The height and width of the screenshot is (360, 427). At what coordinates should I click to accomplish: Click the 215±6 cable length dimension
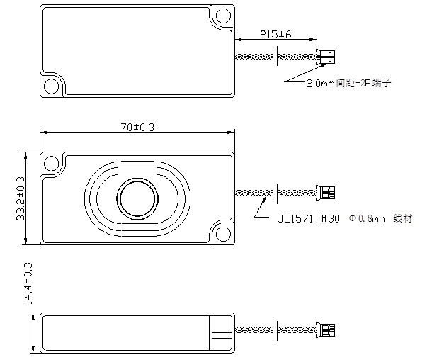275,35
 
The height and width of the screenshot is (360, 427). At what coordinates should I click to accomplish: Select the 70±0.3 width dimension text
137,128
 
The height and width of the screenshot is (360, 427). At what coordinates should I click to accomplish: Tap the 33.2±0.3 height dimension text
21,198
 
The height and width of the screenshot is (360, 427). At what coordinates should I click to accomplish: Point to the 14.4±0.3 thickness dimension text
28,283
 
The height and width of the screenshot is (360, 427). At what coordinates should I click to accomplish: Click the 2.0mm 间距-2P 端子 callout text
349,83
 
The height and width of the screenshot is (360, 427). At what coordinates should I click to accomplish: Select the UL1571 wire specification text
295,218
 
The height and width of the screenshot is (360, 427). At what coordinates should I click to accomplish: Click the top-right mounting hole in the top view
223,16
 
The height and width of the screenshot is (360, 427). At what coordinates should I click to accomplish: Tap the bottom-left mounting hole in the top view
51,86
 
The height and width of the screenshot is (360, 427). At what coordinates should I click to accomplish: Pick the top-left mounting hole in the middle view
51,164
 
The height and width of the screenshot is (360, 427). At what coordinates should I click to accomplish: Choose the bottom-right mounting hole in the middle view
223,234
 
